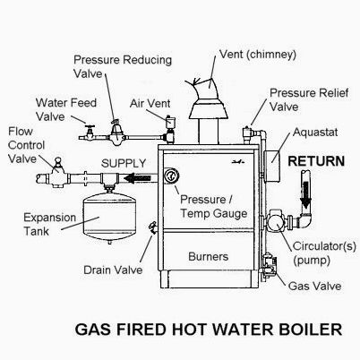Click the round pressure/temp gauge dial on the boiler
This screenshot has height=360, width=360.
pyautogui.click(x=171, y=176)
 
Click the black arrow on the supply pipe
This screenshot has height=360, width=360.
pyautogui.click(x=137, y=178)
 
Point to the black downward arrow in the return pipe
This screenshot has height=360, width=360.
pyautogui.click(x=306, y=194)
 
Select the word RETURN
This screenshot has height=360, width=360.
pyautogui.click(x=316, y=161)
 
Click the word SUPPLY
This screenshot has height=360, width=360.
pyautogui.click(x=124, y=163)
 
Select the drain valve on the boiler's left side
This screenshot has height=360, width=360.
pyautogui.click(x=151, y=227)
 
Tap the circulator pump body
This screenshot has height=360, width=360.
pyautogui.click(x=275, y=222)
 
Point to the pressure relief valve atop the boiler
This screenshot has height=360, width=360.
pyautogui.click(x=248, y=134)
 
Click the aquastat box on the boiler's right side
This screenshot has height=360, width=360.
pyautogui.click(x=271, y=166)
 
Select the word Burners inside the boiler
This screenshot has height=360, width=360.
pyautogui.click(x=208, y=256)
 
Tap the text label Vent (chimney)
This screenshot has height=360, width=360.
pyautogui.click(x=258, y=55)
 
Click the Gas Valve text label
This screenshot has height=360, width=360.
pyautogui.click(x=314, y=286)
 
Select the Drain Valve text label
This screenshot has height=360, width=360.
pyautogui.click(x=113, y=270)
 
